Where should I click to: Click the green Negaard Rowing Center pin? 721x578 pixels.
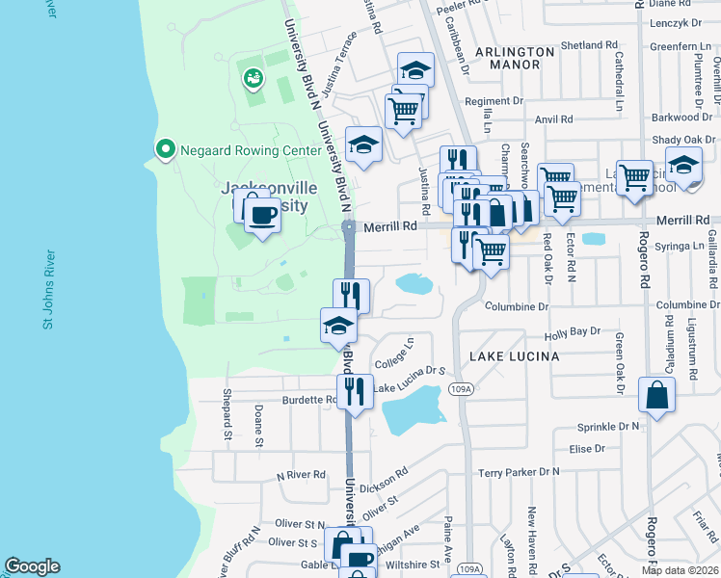coord(165,150)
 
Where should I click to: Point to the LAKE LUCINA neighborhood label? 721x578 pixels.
coord(514,356)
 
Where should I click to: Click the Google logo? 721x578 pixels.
coord(32,566)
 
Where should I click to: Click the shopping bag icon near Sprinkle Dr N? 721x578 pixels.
coord(656,396)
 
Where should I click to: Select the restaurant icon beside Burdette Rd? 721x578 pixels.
coord(355,391)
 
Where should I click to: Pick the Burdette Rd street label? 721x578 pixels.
coord(308,400)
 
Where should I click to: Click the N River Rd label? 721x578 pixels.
coord(302,476)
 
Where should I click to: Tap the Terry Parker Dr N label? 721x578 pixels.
coord(519,473)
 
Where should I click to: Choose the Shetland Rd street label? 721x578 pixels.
coord(589,45)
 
